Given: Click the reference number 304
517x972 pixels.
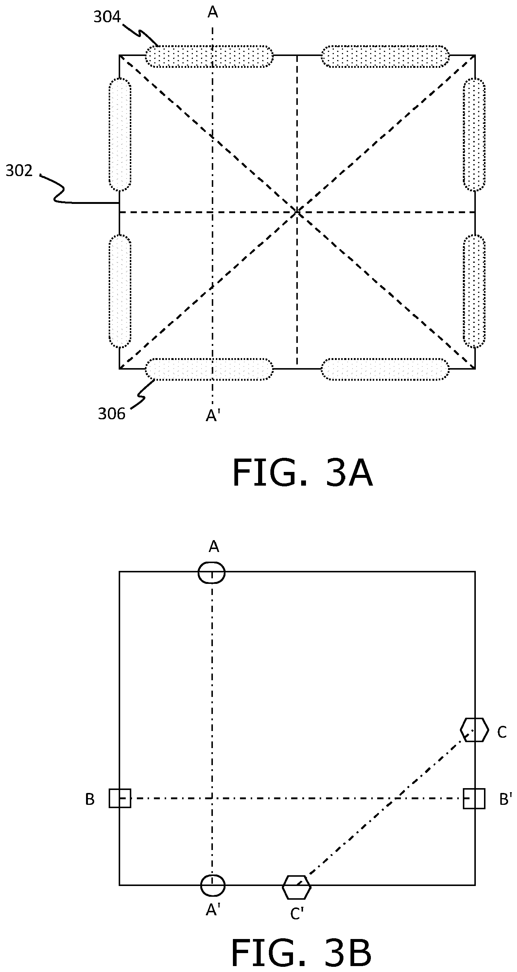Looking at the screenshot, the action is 107,17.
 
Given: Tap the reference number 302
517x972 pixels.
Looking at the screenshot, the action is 19,171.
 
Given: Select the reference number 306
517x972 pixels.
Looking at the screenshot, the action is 112,414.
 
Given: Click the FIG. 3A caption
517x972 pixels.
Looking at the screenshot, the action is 303,473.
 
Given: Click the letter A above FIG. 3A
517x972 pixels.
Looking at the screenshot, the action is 213,13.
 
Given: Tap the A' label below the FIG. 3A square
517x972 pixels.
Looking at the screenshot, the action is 213,416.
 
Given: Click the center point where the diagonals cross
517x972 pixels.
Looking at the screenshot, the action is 297,212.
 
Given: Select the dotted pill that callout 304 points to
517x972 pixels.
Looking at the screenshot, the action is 209,57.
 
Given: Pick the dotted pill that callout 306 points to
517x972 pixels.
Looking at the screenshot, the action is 209,369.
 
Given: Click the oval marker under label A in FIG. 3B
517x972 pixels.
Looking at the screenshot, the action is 212,572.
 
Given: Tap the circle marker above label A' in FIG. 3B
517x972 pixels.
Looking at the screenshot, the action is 213,885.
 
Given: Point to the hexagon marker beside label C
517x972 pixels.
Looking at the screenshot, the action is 474,730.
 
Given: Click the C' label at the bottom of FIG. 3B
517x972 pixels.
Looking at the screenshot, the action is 297,913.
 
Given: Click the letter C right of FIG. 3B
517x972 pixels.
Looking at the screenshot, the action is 502,732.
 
